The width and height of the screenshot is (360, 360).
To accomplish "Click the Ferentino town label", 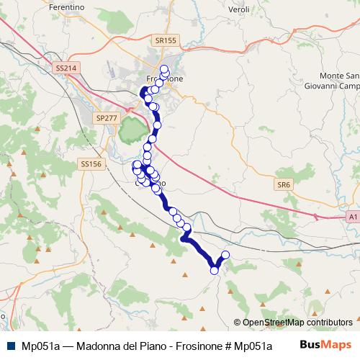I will pyautogui.click(x=67, y=6).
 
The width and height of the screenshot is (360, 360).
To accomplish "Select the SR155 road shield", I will pyautogui.click(x=165, y=42).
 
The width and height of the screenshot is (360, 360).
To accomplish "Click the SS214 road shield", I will pyautogui.click(x=65, y=68).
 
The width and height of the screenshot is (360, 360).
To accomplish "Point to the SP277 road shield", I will pyautogui.click(x=106, y=117).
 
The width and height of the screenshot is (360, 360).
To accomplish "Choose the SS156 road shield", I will pyautogui.click(x=91, y=164).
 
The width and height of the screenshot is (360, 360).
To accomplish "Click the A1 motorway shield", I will pyautogui.click(x=352, y=215).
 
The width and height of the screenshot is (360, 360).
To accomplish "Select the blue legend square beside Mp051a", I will pyautogui.click(x=9, y=345).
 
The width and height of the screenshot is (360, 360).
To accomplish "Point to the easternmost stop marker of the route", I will pyautogui.click(x=225, y=255).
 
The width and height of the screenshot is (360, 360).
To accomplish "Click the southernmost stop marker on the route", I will pyautogui.click(x=214, y=271).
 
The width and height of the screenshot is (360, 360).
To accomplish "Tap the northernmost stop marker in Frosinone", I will pyautogui.click(x=164, y=69).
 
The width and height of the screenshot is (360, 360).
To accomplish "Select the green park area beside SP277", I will pyautogui.click(x=131, y=131).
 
